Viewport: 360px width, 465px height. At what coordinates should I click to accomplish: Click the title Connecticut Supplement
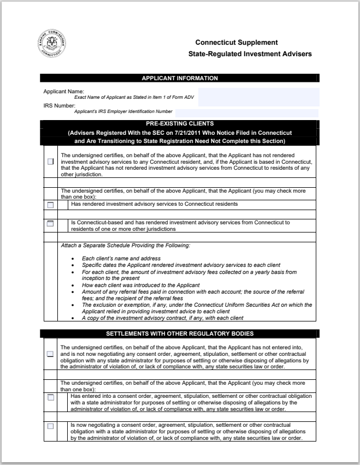click(237, 43)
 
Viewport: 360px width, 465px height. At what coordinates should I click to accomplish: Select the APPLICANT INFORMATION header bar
click(179, 78)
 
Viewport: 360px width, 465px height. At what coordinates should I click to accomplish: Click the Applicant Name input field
click(258, 97)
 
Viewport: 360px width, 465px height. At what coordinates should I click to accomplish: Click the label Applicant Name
click(64, 91)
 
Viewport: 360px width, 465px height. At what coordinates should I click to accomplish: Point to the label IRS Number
click(59, 105)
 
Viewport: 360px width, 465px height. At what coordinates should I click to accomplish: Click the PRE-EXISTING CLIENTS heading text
click(179, 124)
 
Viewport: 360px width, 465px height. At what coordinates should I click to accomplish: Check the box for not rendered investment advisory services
click(51, 162)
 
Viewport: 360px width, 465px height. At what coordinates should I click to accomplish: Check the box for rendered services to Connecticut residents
click(51, 205)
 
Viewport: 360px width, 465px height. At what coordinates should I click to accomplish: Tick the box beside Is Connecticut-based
click(51, 223)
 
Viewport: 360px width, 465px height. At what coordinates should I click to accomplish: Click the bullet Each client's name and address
click(121, 258)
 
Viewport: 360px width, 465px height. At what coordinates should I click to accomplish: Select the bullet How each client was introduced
click(140, 285)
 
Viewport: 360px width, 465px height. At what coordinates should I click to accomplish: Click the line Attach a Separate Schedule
click(125, 246)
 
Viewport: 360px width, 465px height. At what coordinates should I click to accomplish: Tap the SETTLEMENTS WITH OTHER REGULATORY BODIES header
click(179, 333)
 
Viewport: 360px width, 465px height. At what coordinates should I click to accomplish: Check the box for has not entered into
click(51, 354)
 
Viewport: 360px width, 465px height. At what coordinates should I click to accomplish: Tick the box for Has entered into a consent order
click(51, 397)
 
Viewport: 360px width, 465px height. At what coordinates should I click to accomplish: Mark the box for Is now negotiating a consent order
click(51, 426)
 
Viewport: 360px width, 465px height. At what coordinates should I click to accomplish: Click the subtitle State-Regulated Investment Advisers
click(250, 54)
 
